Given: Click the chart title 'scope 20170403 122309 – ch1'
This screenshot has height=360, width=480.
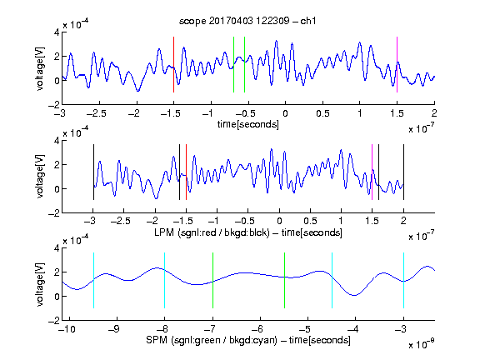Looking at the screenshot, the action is point(247,21).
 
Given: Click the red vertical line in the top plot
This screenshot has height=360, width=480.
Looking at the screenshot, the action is point(173,65).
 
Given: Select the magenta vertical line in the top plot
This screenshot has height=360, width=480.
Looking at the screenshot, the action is point(397,65).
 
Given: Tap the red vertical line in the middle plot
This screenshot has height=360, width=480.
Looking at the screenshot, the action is point(186,172).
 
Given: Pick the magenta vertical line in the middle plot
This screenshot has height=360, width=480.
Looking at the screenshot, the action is point(372,172).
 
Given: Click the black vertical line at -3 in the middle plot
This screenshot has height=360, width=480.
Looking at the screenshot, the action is point(93,172).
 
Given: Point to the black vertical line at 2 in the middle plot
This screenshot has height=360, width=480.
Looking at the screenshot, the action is point(403,172).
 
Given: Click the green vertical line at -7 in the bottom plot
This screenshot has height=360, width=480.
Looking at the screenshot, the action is point(212,280).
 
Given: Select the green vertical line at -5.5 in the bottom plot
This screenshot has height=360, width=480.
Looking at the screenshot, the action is point(284,280).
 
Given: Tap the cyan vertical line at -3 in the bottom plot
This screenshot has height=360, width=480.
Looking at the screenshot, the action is point(403,280).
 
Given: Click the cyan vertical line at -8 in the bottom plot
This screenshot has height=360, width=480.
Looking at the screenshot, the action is point(164,280).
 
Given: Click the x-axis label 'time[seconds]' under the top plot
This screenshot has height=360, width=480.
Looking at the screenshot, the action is point(248,124).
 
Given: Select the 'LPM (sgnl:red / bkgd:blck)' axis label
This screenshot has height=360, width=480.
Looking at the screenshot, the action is point(212,232).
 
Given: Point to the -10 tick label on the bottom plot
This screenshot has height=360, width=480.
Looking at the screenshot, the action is point(68,329).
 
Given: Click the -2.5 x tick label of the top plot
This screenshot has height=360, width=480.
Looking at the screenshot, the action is point(96,113).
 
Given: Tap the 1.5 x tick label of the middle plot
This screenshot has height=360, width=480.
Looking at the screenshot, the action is point(372,221).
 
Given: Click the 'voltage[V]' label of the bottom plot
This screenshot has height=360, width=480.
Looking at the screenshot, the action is point(40,285).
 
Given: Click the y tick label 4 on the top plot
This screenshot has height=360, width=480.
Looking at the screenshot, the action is point(57,32).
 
